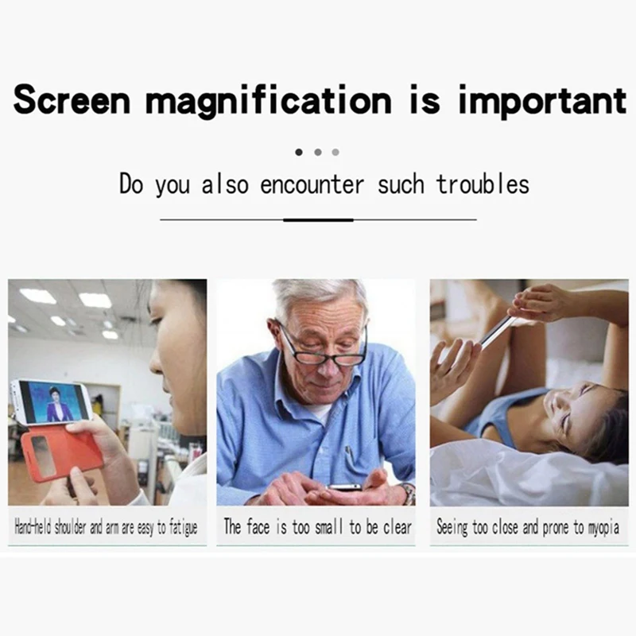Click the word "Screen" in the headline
tap(72, 101)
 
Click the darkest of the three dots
tap(299, 151)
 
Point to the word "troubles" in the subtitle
tap(483, 185)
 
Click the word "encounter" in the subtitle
tap(312, 185)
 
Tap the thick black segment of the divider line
tap(318, 219)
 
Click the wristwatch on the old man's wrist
tap(408, 493)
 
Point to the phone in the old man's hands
tap(344, 487)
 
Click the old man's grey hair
tap(318, 296)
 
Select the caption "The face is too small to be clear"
tap(318, 527)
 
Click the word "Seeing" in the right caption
tap(452, 527)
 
